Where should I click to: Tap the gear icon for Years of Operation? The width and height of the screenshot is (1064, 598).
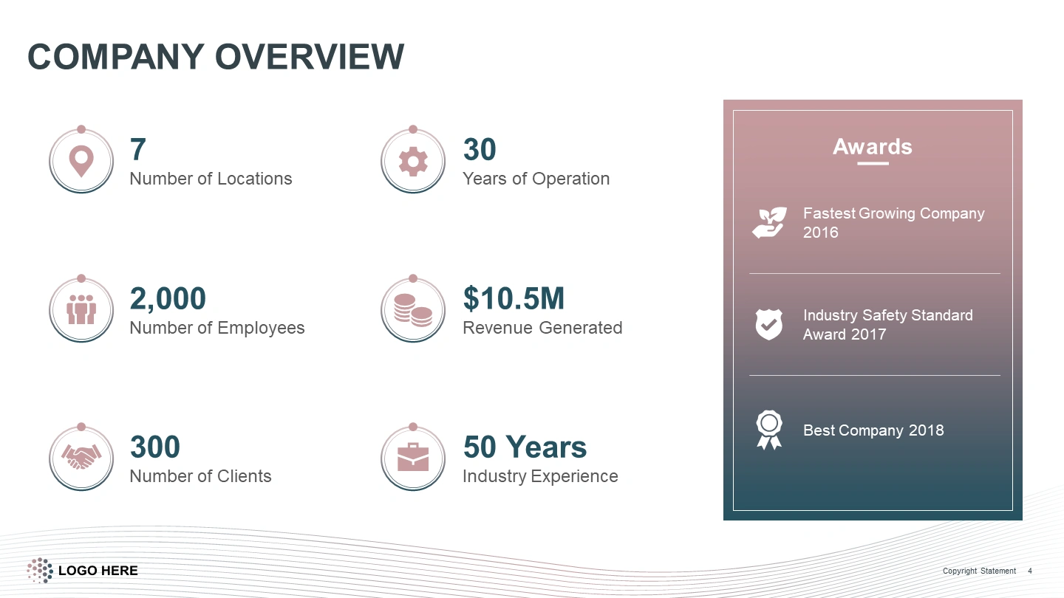(413, 162)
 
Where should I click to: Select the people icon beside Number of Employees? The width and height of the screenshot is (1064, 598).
(81, 309)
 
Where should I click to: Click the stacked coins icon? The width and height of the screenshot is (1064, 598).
(413, 310)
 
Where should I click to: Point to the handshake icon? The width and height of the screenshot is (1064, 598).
(81, 456)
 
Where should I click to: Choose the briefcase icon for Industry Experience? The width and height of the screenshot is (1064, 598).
(413, 457)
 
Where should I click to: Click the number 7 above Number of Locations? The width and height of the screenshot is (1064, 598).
(137, 149)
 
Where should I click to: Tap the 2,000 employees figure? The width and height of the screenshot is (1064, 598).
(168, 298)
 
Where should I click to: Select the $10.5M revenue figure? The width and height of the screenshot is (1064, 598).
(514, 298)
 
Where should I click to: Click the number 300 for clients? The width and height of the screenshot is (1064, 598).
(155, 447)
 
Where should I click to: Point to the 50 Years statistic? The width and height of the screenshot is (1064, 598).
(525, 447)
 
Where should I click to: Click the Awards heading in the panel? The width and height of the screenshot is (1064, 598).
(873, 147)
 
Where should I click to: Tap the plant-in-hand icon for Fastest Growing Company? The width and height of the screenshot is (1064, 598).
(769, 222)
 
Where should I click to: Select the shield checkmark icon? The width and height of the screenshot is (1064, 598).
(769, 324)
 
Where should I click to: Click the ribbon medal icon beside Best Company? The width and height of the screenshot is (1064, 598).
(769, 430)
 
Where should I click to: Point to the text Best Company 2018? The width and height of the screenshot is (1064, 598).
(873, 430)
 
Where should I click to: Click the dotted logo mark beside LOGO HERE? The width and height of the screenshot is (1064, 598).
(40, 570)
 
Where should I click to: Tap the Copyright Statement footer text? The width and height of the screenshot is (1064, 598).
(979, 571)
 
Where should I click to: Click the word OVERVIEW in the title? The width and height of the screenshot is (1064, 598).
(309, 57)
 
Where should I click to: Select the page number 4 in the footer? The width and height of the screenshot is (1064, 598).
(1030, 571)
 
